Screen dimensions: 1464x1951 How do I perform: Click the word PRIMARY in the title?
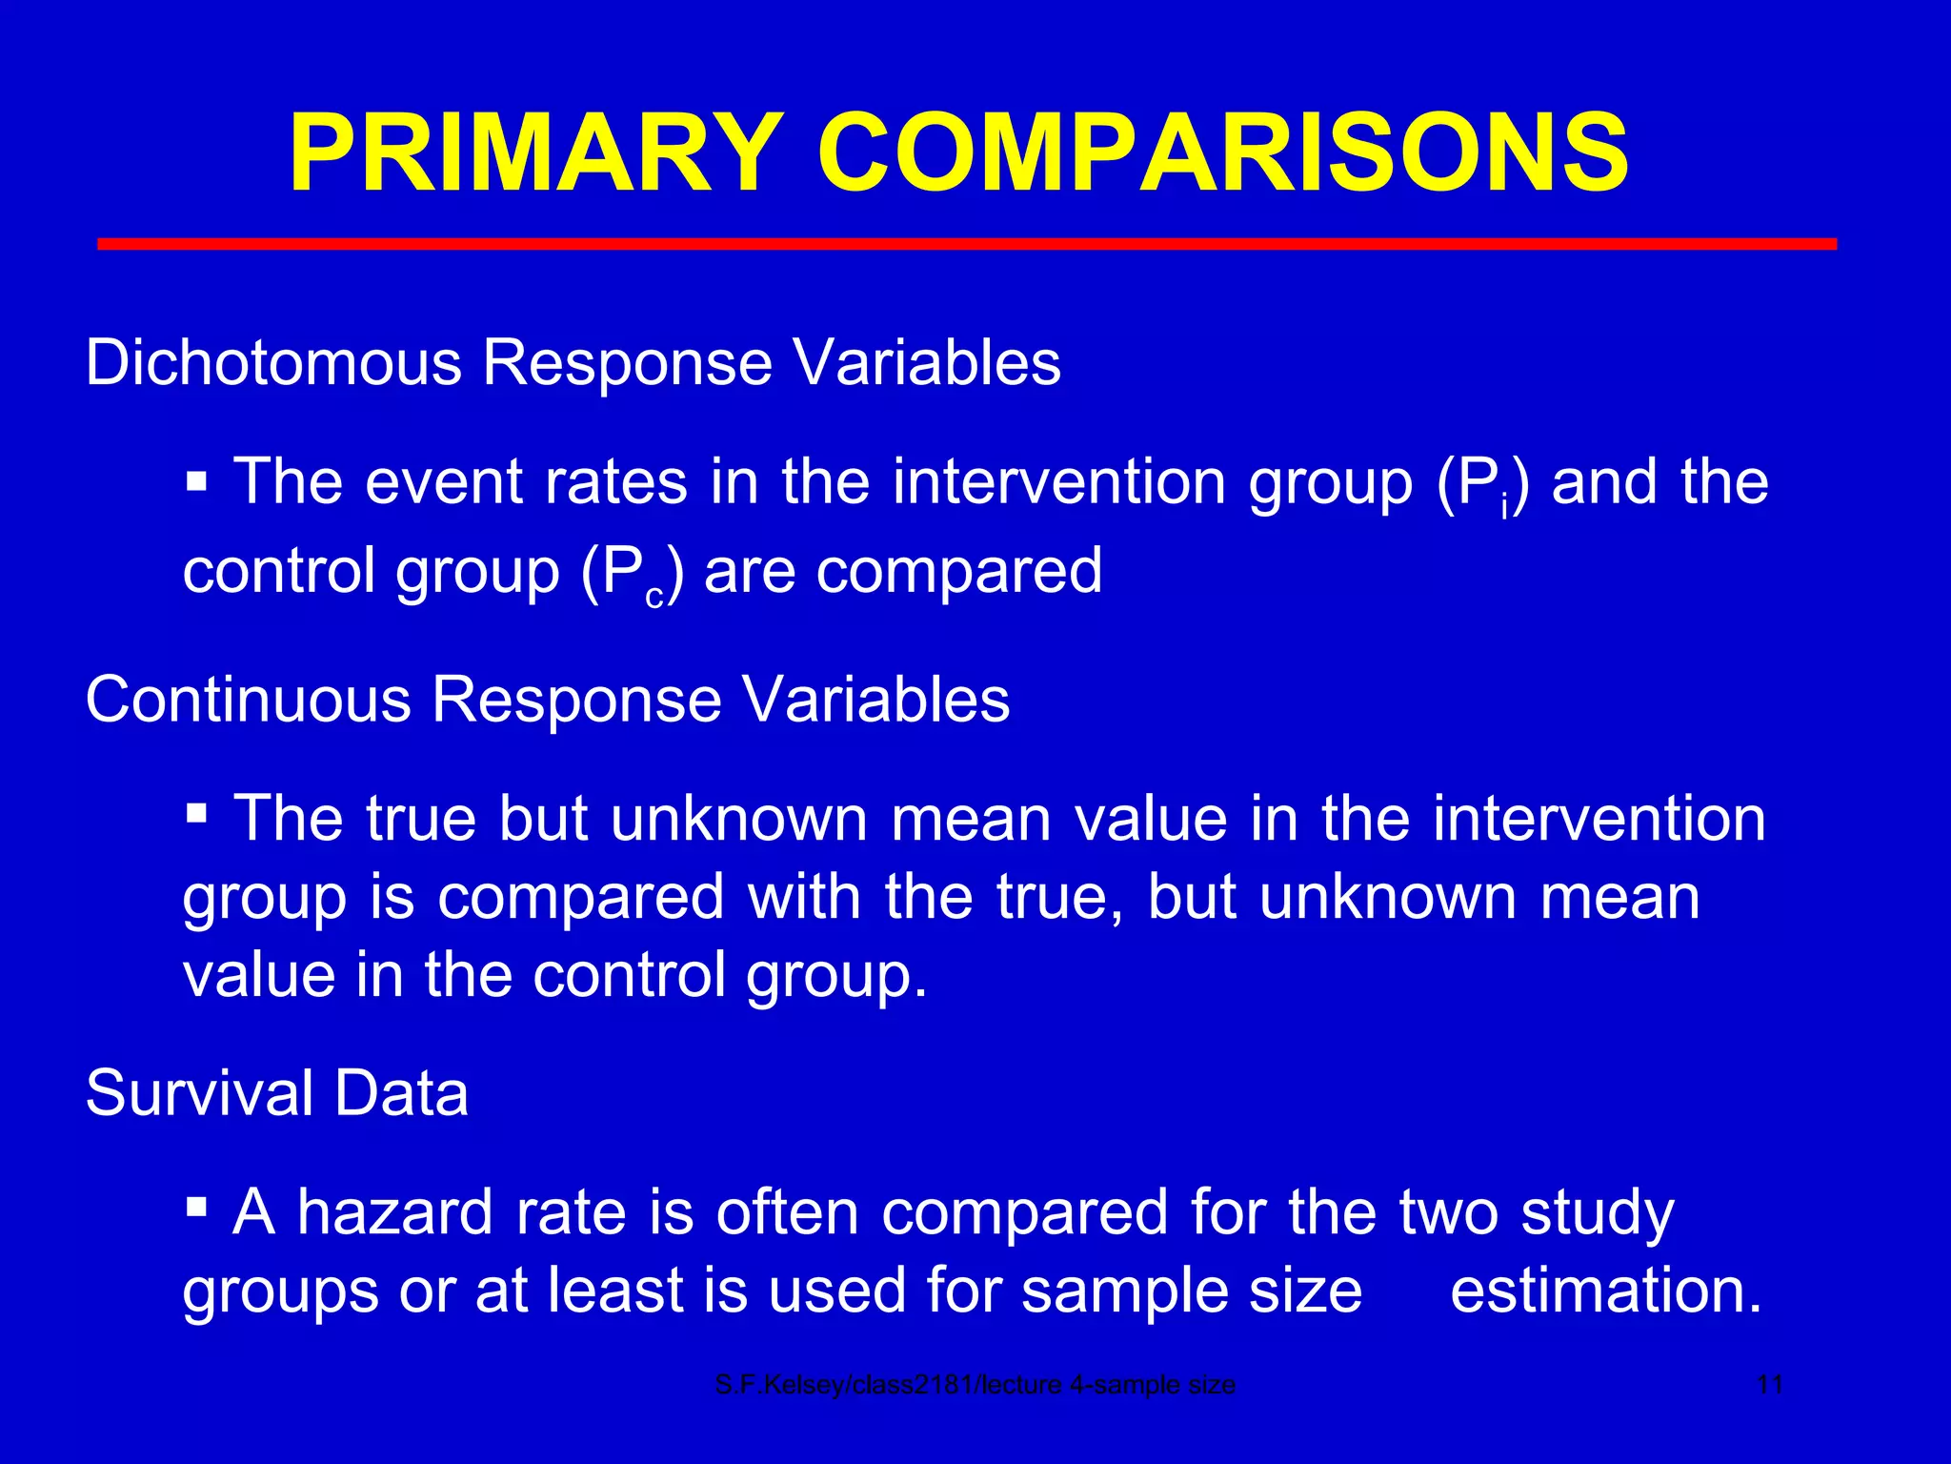coord(535,154)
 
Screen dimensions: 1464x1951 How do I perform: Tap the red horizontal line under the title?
coord(966,245)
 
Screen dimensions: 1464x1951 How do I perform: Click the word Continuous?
coord(248,700)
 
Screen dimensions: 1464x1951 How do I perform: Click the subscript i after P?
coord(1504,509)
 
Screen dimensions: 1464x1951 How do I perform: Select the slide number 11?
coord(1769,1385)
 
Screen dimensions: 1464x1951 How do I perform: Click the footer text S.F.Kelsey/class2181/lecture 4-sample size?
coord(975,1385)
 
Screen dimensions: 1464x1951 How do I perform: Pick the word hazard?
coord(394,1212)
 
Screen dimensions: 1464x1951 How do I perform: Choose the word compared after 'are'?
coord(959,572)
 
